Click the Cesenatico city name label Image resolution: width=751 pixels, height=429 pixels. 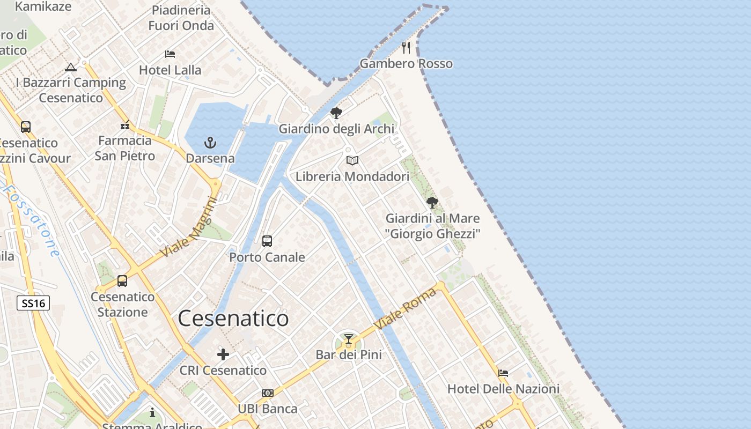pyautogui.click(x=233, y=319)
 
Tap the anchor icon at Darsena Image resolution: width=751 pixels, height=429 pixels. pyautogui.click(x=210, y=143)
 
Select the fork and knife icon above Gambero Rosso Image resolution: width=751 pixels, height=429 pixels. pyautogui.click(x=406, y=48)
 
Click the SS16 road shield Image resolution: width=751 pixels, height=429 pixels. pyautogui.click(x=33, y=303)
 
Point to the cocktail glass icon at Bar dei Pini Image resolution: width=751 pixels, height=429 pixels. pyautogui.click(x=349, y=339)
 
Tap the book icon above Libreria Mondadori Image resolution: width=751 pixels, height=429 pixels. pyautogui.click(x=352, y=160)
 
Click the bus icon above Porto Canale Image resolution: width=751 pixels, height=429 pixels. pyautogui.click(x=267, y=241)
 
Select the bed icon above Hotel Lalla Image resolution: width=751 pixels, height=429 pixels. pyautogui.click(x=170, y=54)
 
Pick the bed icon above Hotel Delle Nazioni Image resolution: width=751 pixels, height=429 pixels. pyautogui.click(x=503, y=373)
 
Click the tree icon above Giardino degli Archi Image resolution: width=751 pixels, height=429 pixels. pyautogui.click(x=336, y=113)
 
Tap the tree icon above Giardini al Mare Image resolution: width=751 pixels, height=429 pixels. pyautogui.click(x=432, y=203)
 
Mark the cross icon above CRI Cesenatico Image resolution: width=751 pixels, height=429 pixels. pyautogui.click(x=223, y=354)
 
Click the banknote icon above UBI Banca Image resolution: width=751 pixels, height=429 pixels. pyautogui.click(x=268, y=393)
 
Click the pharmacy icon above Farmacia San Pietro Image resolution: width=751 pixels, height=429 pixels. pyautogui.click(x=125, y=125)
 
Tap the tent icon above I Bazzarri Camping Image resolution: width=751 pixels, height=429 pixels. pyautogui.click(x=71, y=67)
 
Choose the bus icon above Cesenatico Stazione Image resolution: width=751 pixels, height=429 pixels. pyautogui.click(x=122, y=281)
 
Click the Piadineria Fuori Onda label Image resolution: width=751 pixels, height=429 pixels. pyautogui.click(x=181, y=18)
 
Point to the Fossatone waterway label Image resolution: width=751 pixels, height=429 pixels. pyautogui.click(x=32, y=220)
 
